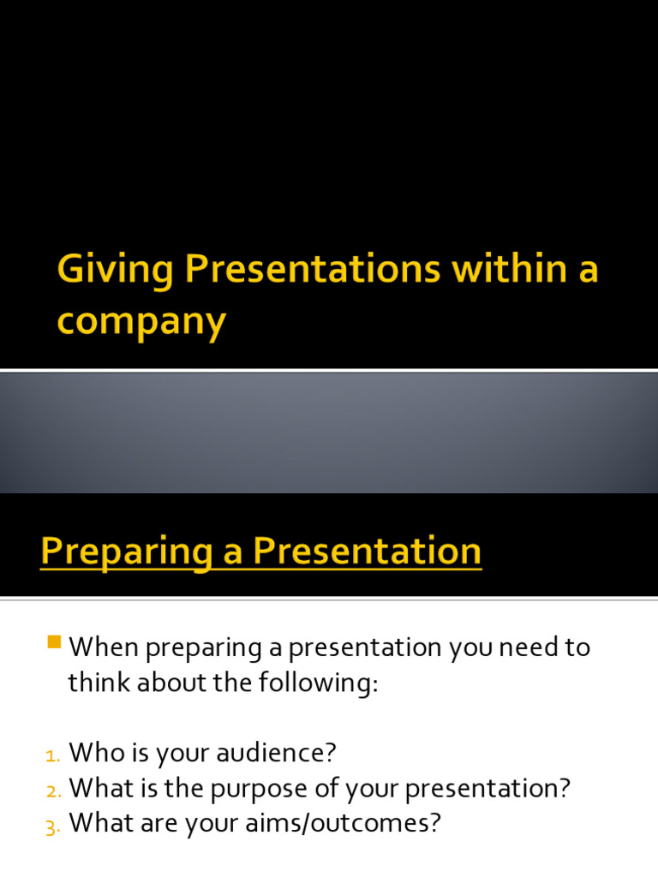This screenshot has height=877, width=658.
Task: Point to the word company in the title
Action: (141, 323)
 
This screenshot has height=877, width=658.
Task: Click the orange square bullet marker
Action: (55, 641)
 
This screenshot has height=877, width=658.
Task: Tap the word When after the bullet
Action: (104, 647)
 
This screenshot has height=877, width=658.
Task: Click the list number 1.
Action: (52, 755)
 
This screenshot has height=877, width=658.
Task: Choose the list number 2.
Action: (52, 790)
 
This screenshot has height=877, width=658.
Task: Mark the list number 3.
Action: (52, 826)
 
